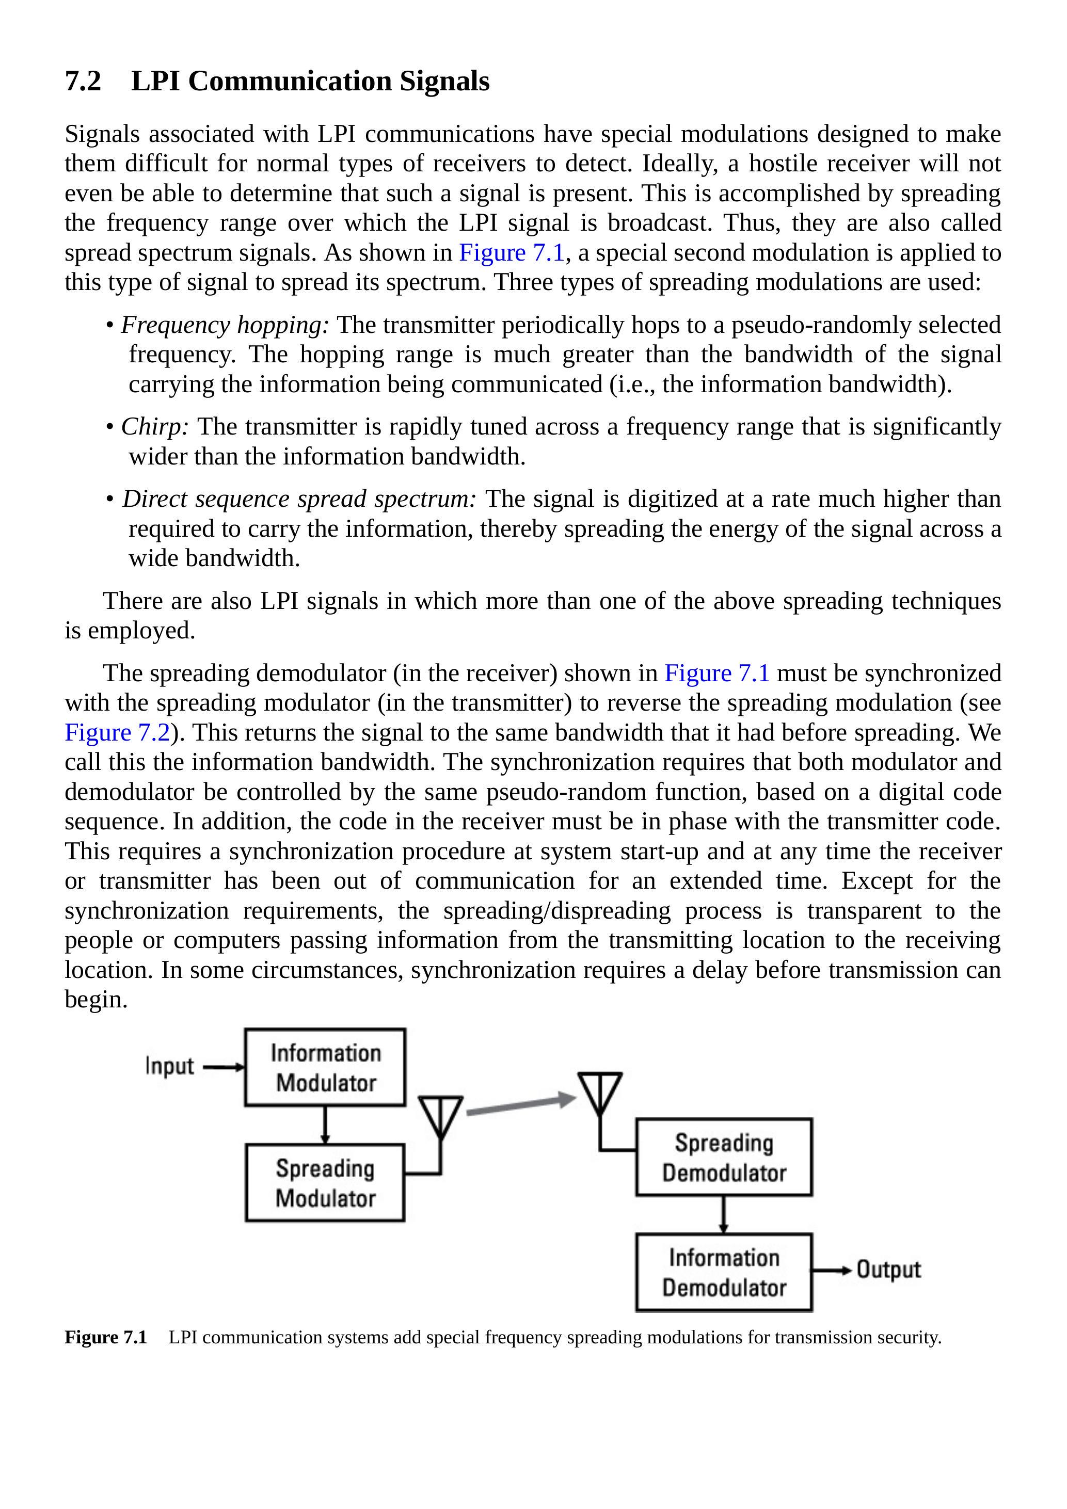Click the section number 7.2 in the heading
(83, 82)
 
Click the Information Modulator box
(325, 1068)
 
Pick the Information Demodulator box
(723, 1273)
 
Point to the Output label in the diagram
(888, 1270)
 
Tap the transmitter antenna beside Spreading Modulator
(440, 1117)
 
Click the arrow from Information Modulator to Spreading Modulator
(325, 1125)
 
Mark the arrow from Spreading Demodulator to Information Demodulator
(723, 1214)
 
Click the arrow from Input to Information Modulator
(224, 1067)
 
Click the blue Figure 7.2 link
(117, 733)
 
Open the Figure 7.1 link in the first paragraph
(512, 253)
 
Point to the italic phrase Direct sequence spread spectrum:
(299, 500)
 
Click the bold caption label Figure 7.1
(105, 1338)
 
